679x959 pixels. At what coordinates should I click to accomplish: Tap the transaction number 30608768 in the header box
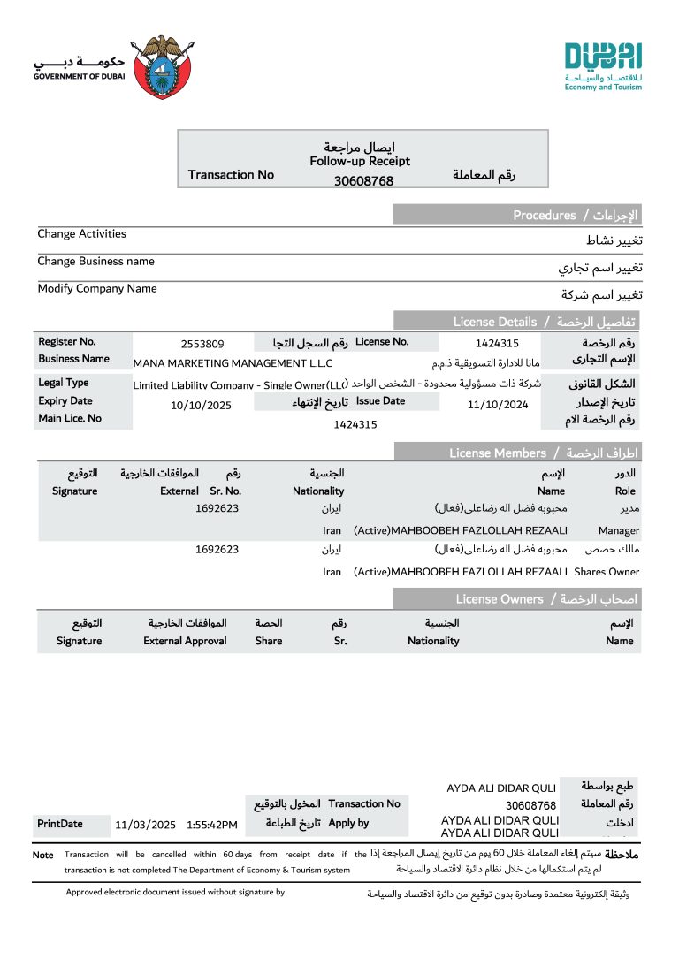point(363,181)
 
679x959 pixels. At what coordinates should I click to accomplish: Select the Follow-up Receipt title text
point(360,162)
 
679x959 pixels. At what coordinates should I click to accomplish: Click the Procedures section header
point(544,215)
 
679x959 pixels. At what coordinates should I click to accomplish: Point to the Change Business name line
point(95,262)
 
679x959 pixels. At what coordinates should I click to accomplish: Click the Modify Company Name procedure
point(97,289)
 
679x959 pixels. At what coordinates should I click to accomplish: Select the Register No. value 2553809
point(202,344)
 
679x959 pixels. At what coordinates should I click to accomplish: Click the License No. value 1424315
point(496,344)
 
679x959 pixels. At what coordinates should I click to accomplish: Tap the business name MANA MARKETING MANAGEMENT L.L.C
point(233,362)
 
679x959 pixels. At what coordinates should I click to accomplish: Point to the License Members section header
point(498,453)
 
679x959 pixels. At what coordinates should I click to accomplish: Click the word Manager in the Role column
point(618,531)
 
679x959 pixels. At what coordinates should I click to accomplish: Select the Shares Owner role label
point(611,572)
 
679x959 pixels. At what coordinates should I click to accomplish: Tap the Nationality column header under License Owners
point(433,641)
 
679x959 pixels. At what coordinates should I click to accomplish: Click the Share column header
point(269,641)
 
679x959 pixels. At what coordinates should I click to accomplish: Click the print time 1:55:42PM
point(212,825)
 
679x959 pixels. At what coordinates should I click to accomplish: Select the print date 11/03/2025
point(146,825)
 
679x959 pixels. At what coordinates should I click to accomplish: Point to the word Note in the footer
point(43,855)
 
